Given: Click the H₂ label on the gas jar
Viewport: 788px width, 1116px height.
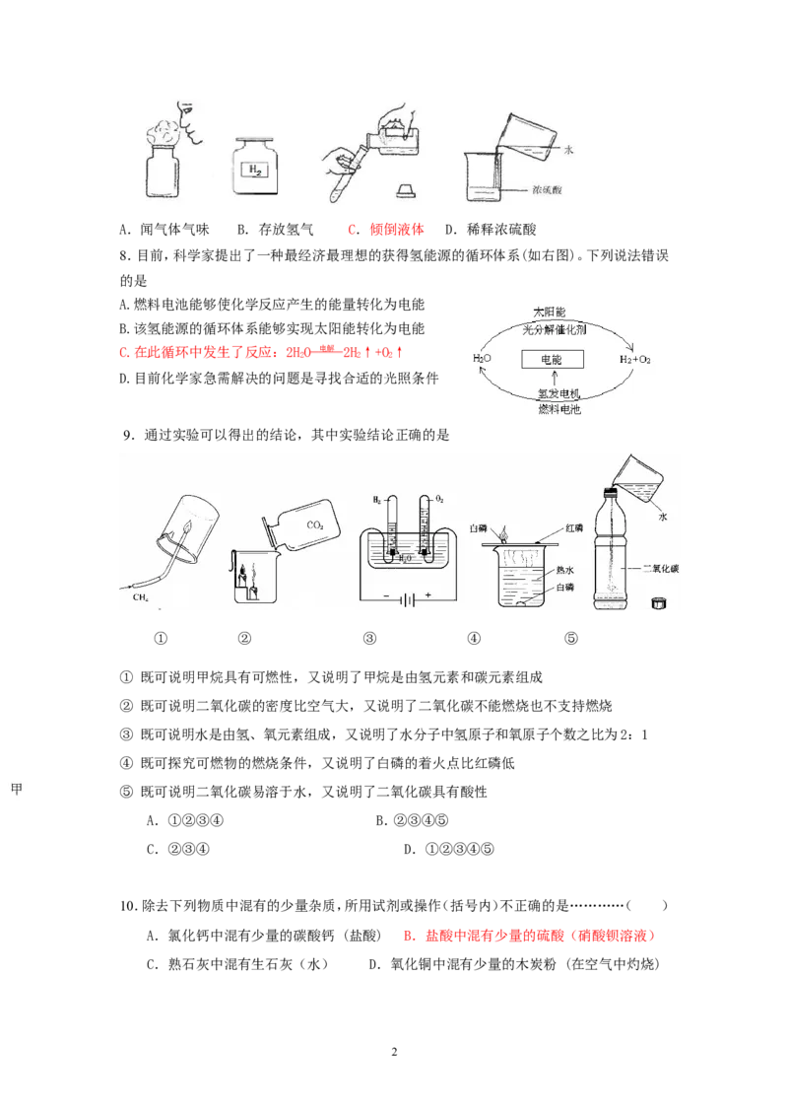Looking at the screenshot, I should pyautogui.click(x=257, y=171).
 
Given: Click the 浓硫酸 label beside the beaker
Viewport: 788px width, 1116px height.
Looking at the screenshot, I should pyautogui.click(x=545, y=188).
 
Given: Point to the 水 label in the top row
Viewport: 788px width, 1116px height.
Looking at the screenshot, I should pyautogui.click(x=568, y=150).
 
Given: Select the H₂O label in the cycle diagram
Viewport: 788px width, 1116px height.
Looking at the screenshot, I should pyautogui.click(x=482, y=359).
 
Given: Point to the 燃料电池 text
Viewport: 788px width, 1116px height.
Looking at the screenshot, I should pyautogui.click(x=558, y=408).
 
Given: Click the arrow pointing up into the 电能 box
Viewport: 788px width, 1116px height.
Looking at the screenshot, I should pyautogui.click(x=557, y=379).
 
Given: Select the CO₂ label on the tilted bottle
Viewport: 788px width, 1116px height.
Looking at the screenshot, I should pyautogui.click(x=315, y=525).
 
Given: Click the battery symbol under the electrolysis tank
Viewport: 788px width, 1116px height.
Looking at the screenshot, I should pyautogui.click(x=406, y=597).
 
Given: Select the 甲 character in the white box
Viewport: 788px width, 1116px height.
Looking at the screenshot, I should pyautogui.click(x=17, y=788).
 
